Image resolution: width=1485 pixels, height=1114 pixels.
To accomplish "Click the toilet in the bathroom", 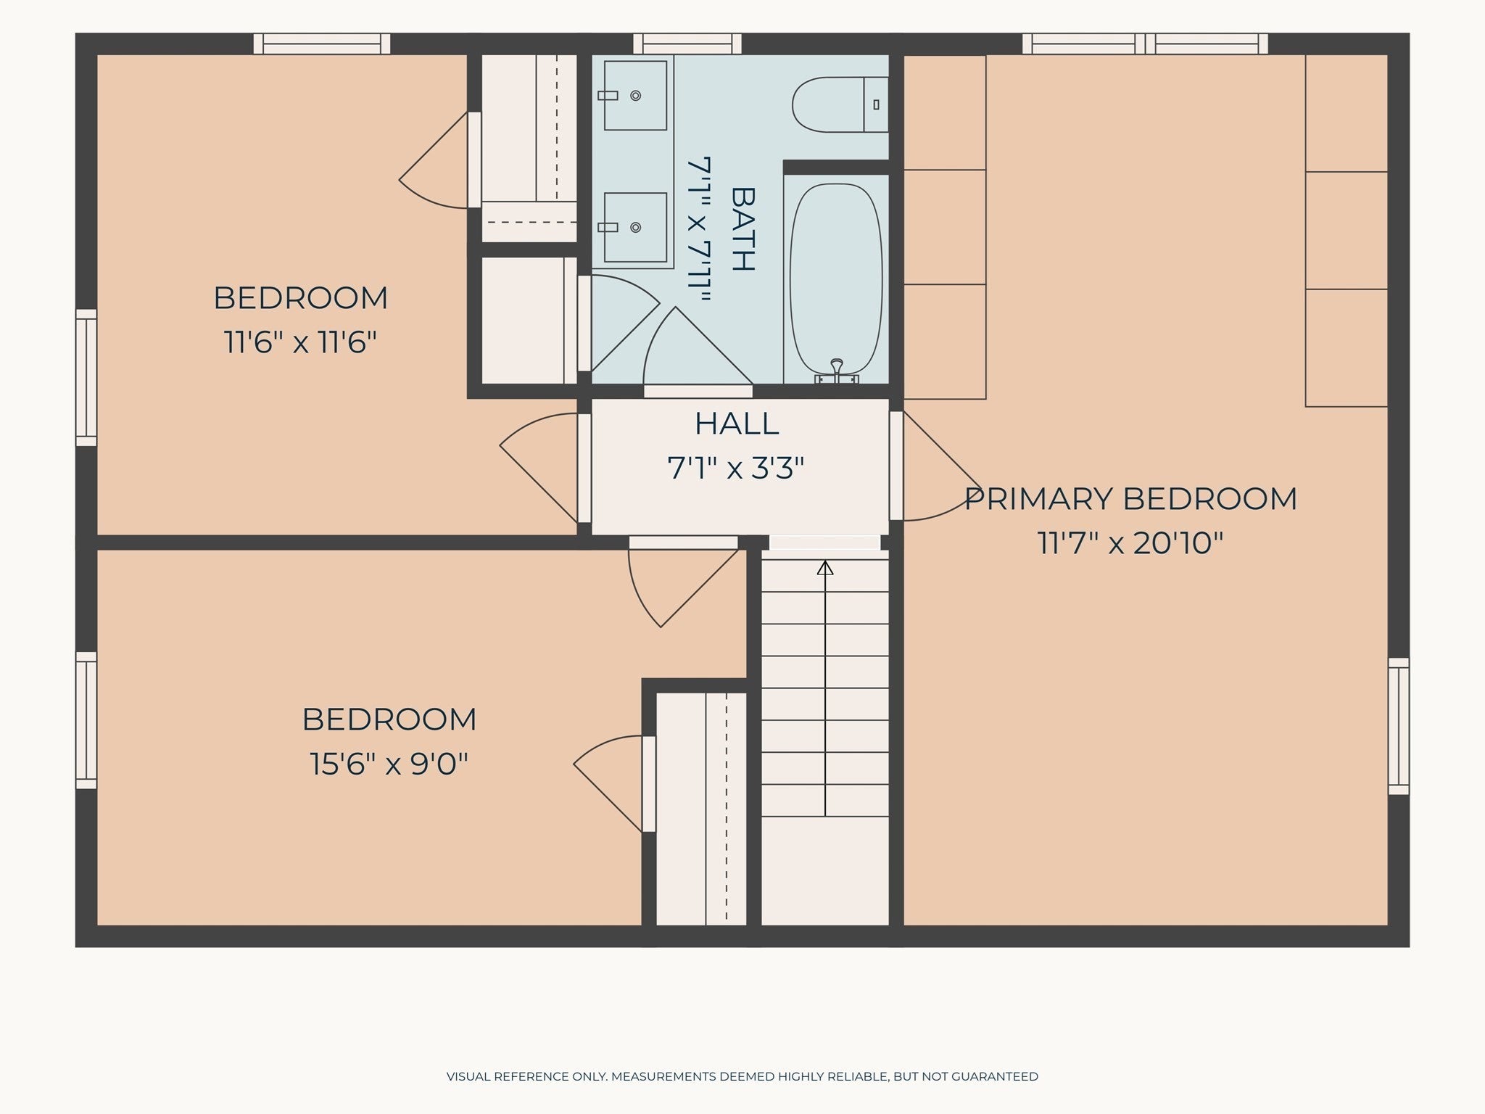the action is [x=840, y=104].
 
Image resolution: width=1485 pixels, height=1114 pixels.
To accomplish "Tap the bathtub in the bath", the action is [x=835, y=283].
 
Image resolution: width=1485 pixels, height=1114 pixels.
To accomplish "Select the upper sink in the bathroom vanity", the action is [x=635, y=95].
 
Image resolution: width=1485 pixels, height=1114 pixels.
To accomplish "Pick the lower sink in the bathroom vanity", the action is [x=635, y=227].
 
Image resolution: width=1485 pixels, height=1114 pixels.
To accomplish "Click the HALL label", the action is [x=737, y=424].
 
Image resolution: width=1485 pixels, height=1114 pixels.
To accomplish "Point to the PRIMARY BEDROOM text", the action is [x=1130, y=499].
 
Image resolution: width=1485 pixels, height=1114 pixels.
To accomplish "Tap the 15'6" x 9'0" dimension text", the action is [x=389, y=764].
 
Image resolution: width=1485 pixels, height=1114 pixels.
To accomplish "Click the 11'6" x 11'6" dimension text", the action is [x=301, y=342].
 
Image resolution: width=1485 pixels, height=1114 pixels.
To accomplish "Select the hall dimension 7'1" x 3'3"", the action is [x=736, y=469].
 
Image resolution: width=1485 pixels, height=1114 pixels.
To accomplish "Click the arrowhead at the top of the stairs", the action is [x=825, y=568].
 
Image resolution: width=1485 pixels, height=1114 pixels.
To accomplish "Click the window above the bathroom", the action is [x=687, y=44].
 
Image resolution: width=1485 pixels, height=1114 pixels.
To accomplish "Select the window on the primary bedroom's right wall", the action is [x=1399, y=726].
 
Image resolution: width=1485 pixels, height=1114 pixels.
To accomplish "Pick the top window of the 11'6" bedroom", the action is [x=322, y=44].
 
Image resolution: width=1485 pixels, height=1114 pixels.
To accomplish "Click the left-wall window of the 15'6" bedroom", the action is [x=86, y=720].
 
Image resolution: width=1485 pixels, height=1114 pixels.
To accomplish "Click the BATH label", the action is [x=743, y=229].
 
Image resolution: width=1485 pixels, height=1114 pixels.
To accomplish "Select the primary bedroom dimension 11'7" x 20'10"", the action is [x=1130, y=543].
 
